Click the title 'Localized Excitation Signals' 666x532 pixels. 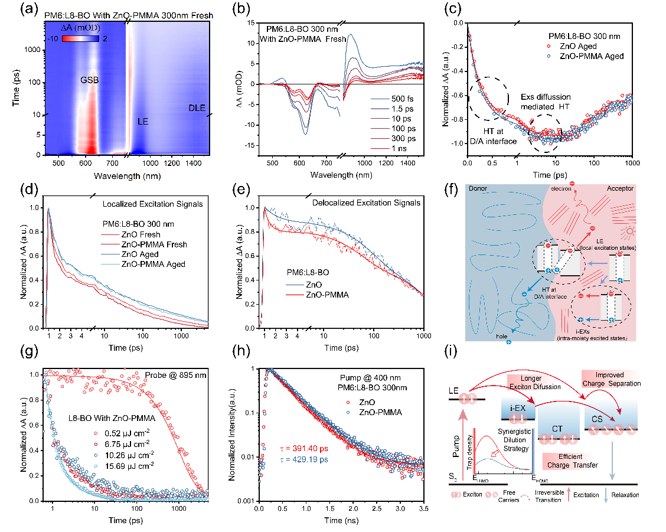[152, 204]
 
